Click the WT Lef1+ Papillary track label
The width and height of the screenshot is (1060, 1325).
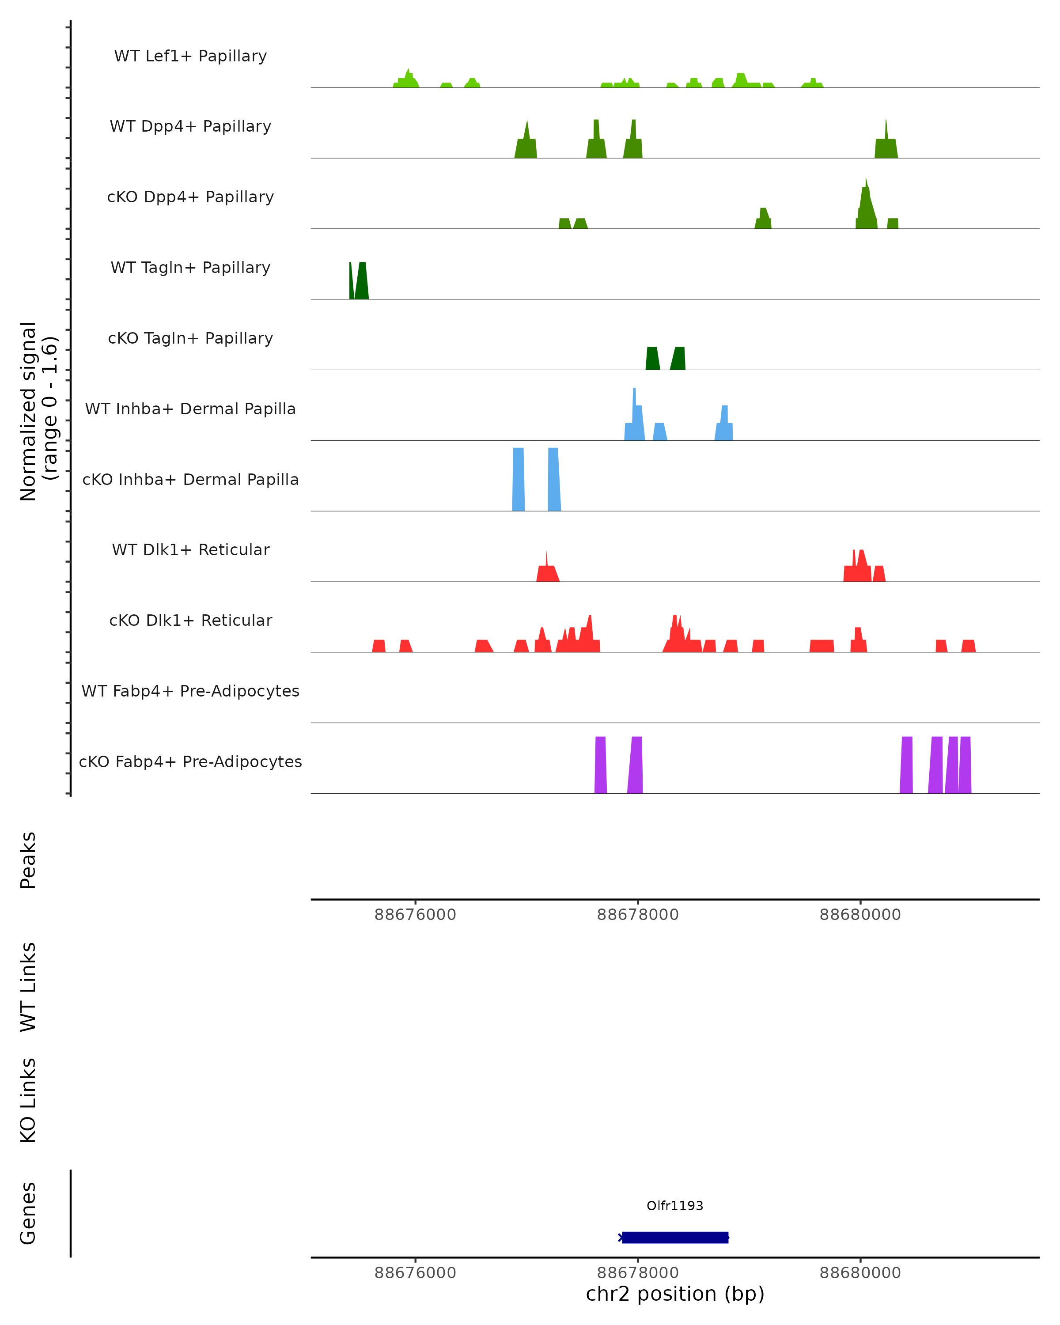click(x=190, y=56)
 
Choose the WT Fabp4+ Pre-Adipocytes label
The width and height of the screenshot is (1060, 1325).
click(x=190, y=691)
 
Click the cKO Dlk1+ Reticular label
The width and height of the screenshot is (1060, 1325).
click(x=190, y=620)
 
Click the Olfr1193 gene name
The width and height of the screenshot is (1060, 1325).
click(x=675, y=1205)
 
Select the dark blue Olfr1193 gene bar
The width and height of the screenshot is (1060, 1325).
click(x=675, y=1237)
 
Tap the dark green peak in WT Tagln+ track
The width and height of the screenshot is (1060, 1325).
click(x=362, y=283)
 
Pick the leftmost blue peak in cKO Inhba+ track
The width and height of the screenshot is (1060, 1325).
click(x=519, y=479)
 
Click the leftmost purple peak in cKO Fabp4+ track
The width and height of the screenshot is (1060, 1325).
click(x=600, y=765)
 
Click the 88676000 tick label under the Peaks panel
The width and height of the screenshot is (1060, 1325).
click(x=416, y=915)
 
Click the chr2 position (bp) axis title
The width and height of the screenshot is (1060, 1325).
click(x=675, y=1294)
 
